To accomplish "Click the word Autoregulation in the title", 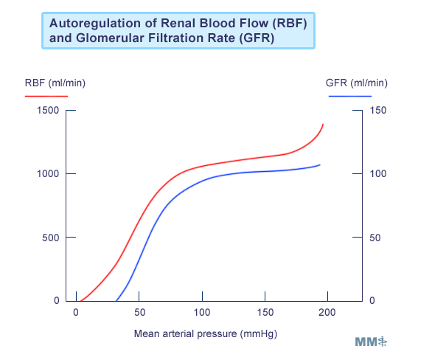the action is click(x=95, y=23).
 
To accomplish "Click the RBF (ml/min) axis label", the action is click(x=55, y=83).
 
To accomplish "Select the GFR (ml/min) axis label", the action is click(x=357, y=83).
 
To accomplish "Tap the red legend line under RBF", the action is click(x=46, y=96).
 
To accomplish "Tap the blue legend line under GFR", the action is click(x=350, y=96).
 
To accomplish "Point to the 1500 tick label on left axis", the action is click(x=48, y=110).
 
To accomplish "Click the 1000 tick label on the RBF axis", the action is click(x=48, y=173).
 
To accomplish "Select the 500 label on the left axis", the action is click(x=51, y=238).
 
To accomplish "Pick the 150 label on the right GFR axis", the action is click(x=378, y=110).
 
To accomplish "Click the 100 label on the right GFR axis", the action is click(x=378, y=173).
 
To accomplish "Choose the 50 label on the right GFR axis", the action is click(x=375, y=238).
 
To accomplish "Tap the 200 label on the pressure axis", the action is click(x=327, y=312).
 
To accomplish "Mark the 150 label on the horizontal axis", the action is click(x=265, y=312).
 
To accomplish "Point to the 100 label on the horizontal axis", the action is click(x=202, y=312).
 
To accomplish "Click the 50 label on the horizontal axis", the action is click(x=139, y=312).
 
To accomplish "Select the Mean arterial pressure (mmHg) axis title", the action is click(x=206, y=334).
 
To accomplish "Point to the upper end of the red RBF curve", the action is click(x=323, y=125).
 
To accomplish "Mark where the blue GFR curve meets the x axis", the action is click(x=116, y=301).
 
